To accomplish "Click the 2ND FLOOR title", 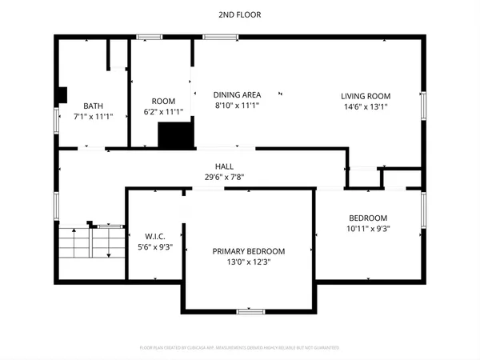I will [239, 14].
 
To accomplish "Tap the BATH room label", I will [94, 106].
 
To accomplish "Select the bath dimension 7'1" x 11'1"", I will [94, 116].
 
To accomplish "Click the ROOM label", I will [163, 101].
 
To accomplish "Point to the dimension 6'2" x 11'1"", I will [163, 112].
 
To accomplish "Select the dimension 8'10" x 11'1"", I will [237, 105].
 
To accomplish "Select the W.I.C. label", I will [154, 235].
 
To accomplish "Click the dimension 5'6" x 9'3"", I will [154, 246].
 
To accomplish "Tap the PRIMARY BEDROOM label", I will [248, 251].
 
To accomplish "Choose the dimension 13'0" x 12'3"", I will [248, 262].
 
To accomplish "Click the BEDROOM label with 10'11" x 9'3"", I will [368, 218].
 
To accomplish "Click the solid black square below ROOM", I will [176, 134].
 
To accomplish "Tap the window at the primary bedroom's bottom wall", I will [248, 310].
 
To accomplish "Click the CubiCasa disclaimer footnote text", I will [239, 348].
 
